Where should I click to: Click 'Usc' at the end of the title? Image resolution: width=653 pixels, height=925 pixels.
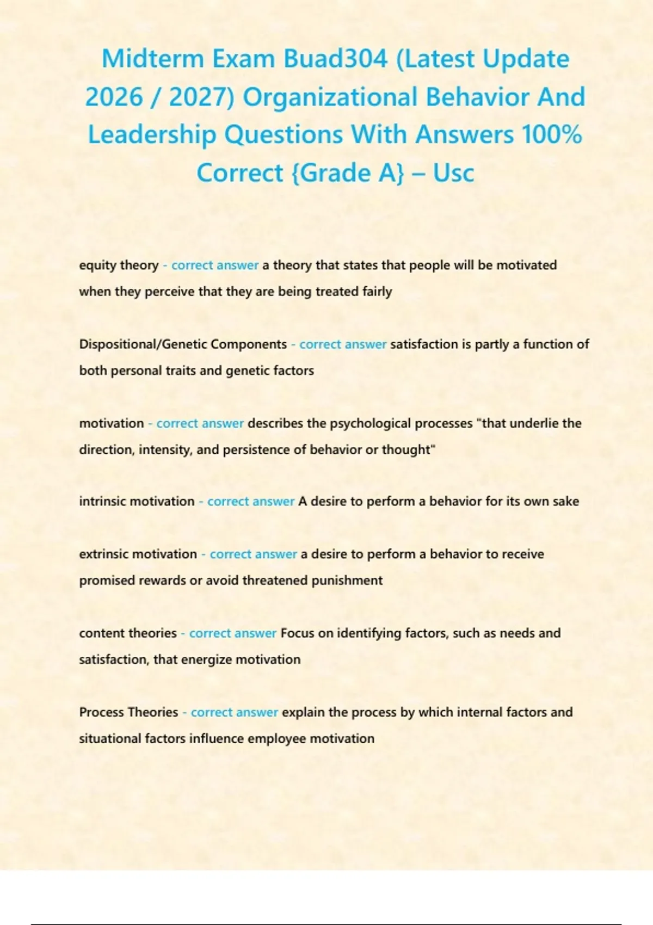(453, 173)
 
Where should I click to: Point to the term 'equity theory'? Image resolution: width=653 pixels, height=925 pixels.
(119, 266)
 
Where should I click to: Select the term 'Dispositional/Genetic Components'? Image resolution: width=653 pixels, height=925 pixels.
(183, 344)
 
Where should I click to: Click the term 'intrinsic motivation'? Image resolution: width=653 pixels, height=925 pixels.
(137, 501)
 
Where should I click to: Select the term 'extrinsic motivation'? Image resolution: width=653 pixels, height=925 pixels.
(138, 554)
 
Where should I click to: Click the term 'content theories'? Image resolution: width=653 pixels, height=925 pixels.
(128, 633)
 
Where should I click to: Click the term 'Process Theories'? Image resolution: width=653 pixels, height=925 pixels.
(128, 712)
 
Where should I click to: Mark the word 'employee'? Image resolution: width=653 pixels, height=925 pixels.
(276, 739)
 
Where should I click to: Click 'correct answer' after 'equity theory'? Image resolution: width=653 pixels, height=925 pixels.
(215, 266)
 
